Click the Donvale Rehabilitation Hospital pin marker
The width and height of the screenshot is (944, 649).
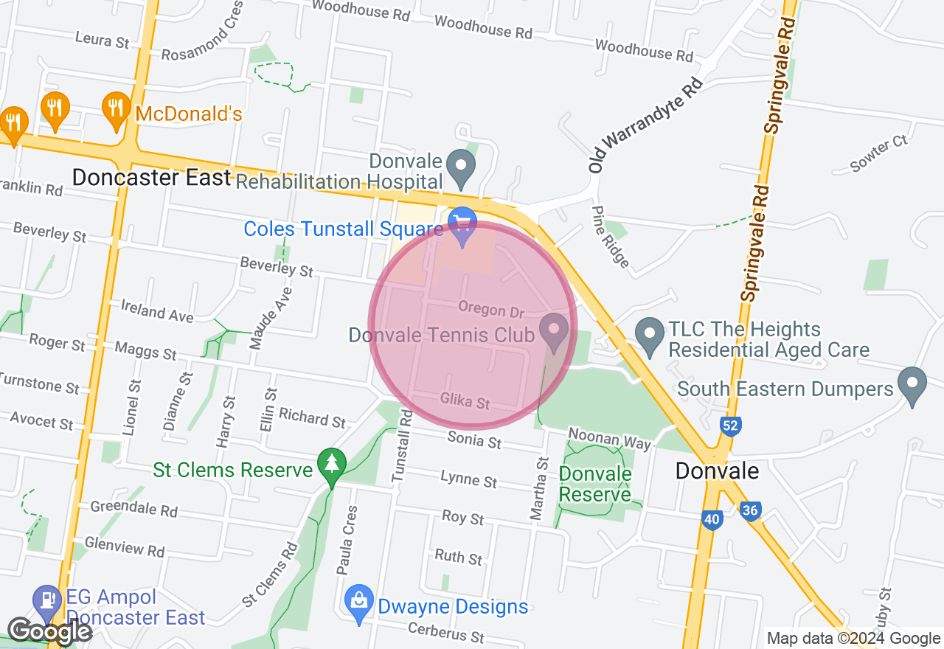tap(462, 167)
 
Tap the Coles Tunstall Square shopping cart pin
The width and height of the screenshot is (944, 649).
tap(462, 224)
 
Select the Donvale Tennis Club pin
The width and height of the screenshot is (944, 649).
tap(554, 330)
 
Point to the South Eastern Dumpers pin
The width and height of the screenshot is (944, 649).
tap(912, 384)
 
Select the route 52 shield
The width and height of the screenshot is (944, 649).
tap(731, 426)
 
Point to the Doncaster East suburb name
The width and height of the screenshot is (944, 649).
tap(152, 178)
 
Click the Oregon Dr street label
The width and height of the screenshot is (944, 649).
tap(491, 310)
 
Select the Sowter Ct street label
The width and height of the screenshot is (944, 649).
tap(879, 153)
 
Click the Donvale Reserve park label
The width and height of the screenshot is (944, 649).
tap(595, 484)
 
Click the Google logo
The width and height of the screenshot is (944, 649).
tap(49, 631)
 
